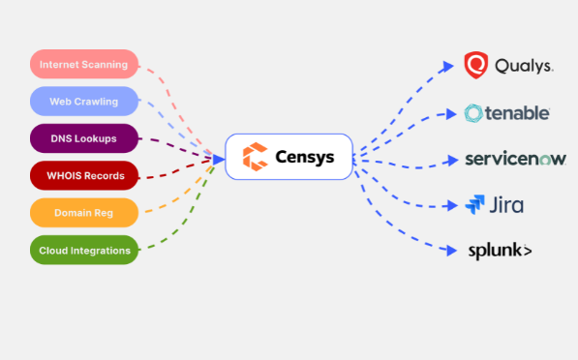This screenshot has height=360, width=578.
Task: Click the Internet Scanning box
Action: point(84,65)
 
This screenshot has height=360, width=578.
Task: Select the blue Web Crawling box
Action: point(84,102)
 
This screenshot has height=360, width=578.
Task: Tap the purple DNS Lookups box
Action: point(84,138)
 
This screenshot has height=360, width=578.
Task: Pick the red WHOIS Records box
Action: point(84,176)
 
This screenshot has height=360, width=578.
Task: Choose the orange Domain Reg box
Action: point(84,213)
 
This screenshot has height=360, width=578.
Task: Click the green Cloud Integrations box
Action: point(84,251)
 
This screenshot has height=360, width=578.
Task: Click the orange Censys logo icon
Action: point(255,157)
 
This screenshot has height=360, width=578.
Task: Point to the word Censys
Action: point(304,157)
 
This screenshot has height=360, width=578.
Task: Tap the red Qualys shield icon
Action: point(475,66)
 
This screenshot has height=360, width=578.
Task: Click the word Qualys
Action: point(524,67)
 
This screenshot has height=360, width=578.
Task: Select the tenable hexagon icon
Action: point(474,113)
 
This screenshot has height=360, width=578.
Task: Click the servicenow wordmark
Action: point(515,159)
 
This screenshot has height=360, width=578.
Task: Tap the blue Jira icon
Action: point(475,204)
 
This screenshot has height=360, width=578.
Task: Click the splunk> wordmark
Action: point(500,251)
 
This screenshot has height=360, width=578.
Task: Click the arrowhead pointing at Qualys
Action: point(448,66)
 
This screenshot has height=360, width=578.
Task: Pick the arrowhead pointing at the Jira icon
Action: point(448,204)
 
